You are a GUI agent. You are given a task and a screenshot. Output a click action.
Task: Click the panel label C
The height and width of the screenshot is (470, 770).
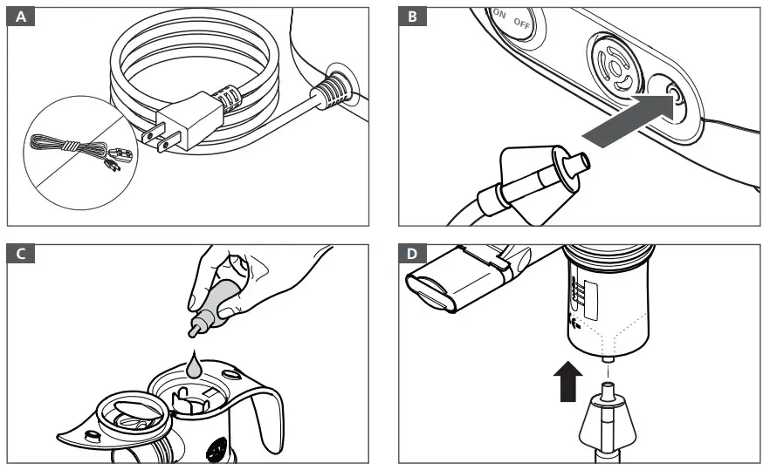pos(19,254)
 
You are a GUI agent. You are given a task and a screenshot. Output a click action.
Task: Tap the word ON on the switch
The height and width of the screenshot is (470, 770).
pos(500,15)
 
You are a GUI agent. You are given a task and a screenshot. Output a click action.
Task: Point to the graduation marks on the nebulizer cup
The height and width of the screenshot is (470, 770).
pos(577,294)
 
